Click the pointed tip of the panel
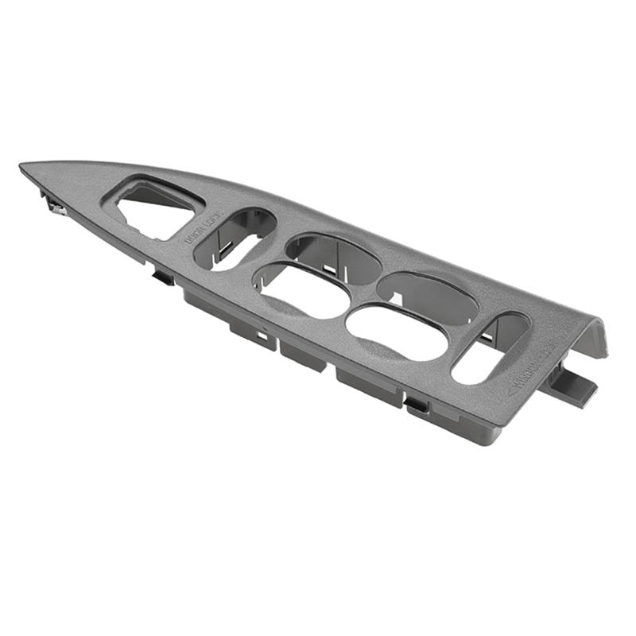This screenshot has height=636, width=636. (x=24, y=167)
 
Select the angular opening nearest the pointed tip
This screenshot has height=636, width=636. (x=155, y=209)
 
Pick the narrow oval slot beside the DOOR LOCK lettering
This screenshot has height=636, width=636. (x=235, y=238)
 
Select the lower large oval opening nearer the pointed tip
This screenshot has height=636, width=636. (x=302, y=290)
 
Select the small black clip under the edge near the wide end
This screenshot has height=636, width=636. (x=417, y=405)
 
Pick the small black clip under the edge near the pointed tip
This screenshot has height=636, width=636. (x=163, y=277)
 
